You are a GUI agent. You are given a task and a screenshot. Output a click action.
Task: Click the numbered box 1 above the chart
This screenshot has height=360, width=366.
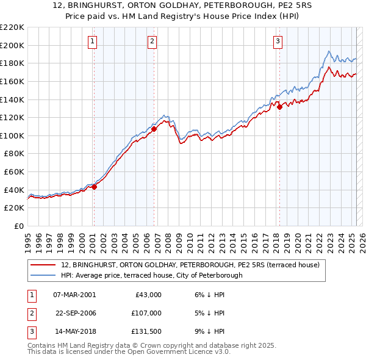(92, 41)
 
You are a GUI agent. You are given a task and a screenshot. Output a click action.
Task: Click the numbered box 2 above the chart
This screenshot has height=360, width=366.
(152, 41)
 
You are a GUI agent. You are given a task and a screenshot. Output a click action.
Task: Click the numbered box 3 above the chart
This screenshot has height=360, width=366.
(278, 41)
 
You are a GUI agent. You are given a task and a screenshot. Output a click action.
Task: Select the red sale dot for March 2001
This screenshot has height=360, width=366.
(94, 187)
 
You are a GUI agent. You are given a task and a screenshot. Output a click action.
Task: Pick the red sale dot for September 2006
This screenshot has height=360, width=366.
(154, 129)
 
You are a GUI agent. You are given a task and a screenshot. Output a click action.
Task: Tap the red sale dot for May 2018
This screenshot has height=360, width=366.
(279, 107)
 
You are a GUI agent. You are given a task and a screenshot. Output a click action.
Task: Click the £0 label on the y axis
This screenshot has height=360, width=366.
(19, 226)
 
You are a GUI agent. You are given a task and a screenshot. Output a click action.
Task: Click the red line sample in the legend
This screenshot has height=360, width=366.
(43, 265)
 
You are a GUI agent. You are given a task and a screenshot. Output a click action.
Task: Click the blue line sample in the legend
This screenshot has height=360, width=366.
(43, 275)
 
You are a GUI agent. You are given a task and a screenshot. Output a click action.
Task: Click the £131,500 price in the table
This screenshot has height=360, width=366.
(146, 332)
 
